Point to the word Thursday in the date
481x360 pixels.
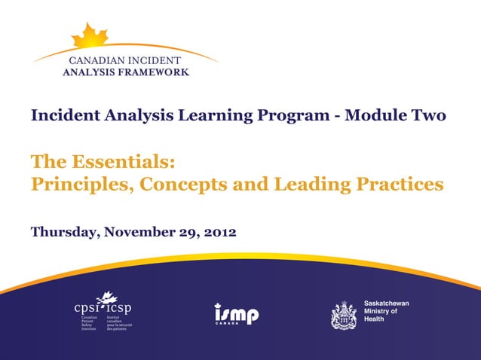point(63,233)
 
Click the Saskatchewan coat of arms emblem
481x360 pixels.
point(344,314)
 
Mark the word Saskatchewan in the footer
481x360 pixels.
point(386,303)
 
